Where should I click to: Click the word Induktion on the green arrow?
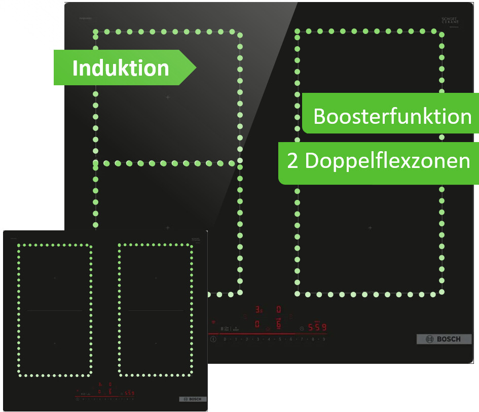(x=121, y=68)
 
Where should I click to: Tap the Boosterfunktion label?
(x=392, y=117)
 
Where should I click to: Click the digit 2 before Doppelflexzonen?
(x=292, y=161)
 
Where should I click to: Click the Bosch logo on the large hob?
(x=444, y=339)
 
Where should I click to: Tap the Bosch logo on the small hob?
(x=193, y=399)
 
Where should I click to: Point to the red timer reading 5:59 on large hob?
(x=317, y=327)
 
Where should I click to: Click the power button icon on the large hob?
(x=213, y=338)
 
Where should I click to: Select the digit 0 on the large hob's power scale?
(x=225, y=338)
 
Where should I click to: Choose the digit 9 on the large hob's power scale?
(x=324, y=338)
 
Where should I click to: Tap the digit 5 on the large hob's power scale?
(x=280, y=338)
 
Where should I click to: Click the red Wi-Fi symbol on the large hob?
(x=213, y=323)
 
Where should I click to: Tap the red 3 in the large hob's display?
(x=257, y=309)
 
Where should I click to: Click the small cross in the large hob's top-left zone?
(x=168, y=97)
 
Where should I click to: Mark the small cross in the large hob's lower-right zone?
(x=370, y=228)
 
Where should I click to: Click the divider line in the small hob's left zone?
(x=55, y=311)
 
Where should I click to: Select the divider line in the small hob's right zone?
(x=156, y=311)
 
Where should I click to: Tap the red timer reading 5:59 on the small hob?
(x=130, y=393)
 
